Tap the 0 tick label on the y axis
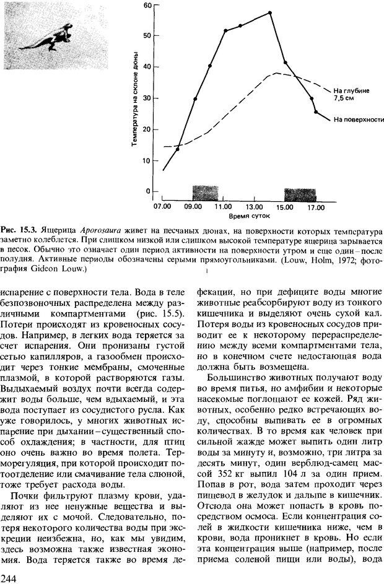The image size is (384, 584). [x=149, y=191]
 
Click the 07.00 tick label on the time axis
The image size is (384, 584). [x=162, y=206]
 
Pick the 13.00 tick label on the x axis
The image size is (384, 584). [x=255, y=206]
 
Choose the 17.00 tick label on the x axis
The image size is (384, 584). [x=316, y=206]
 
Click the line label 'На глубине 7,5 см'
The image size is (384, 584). [x=351, y=94]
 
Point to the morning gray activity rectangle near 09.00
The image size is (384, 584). [x=205, y=191]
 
